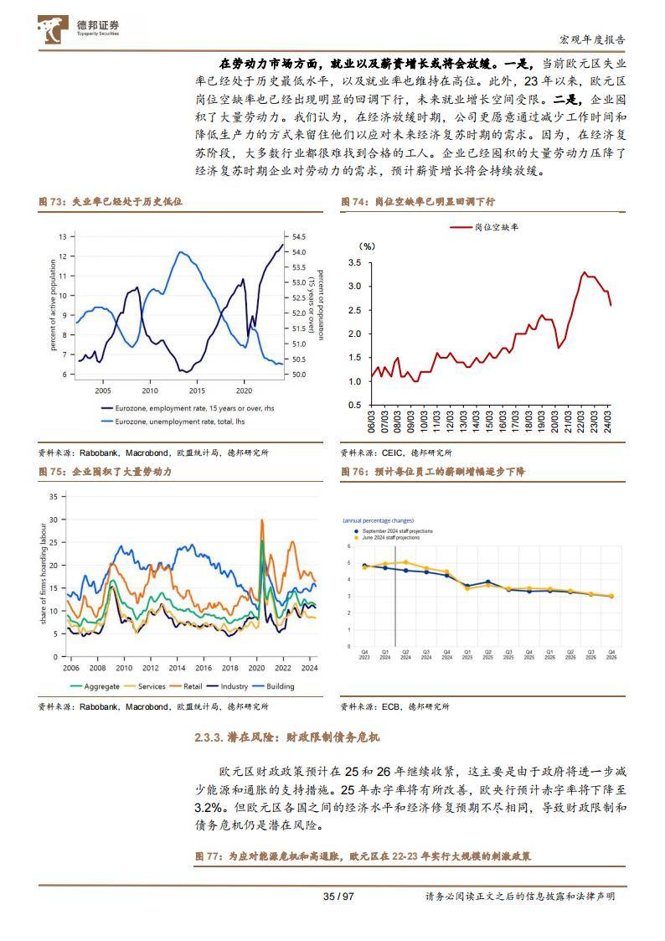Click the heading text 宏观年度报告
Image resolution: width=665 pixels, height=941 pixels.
[591, 39]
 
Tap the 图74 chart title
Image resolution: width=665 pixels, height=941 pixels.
[417, 202]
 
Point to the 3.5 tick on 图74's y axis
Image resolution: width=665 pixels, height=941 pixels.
[353, 263]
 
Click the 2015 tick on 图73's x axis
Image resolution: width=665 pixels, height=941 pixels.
[197, 390]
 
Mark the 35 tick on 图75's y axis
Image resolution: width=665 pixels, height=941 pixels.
[53, 497]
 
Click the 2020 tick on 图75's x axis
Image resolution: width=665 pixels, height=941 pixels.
[256, 668]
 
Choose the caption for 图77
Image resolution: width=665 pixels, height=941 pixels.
[363, 856]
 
